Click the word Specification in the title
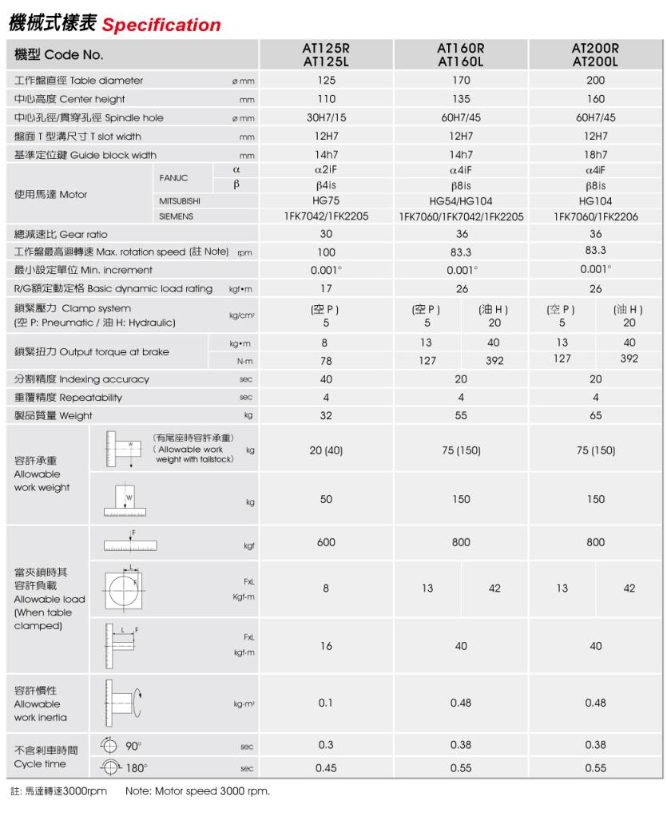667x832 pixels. click(162, 25)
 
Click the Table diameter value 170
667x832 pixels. click(461, 81)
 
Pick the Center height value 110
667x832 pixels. click(326, 99)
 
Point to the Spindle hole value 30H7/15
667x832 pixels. click(326, 117)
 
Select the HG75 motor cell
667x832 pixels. click(326, 200)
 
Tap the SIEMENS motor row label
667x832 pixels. click(175, 216)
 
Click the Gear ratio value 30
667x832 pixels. click(326, 234)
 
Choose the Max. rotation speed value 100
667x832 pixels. click(326, 252)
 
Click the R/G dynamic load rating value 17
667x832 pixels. click(326, 288)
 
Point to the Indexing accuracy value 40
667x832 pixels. click(326, 378)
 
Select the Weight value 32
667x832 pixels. click(326, 415)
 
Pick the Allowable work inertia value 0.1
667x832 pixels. click(326, 703)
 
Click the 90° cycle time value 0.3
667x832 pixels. click(326, 746)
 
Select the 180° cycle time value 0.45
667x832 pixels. click(326, 768)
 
